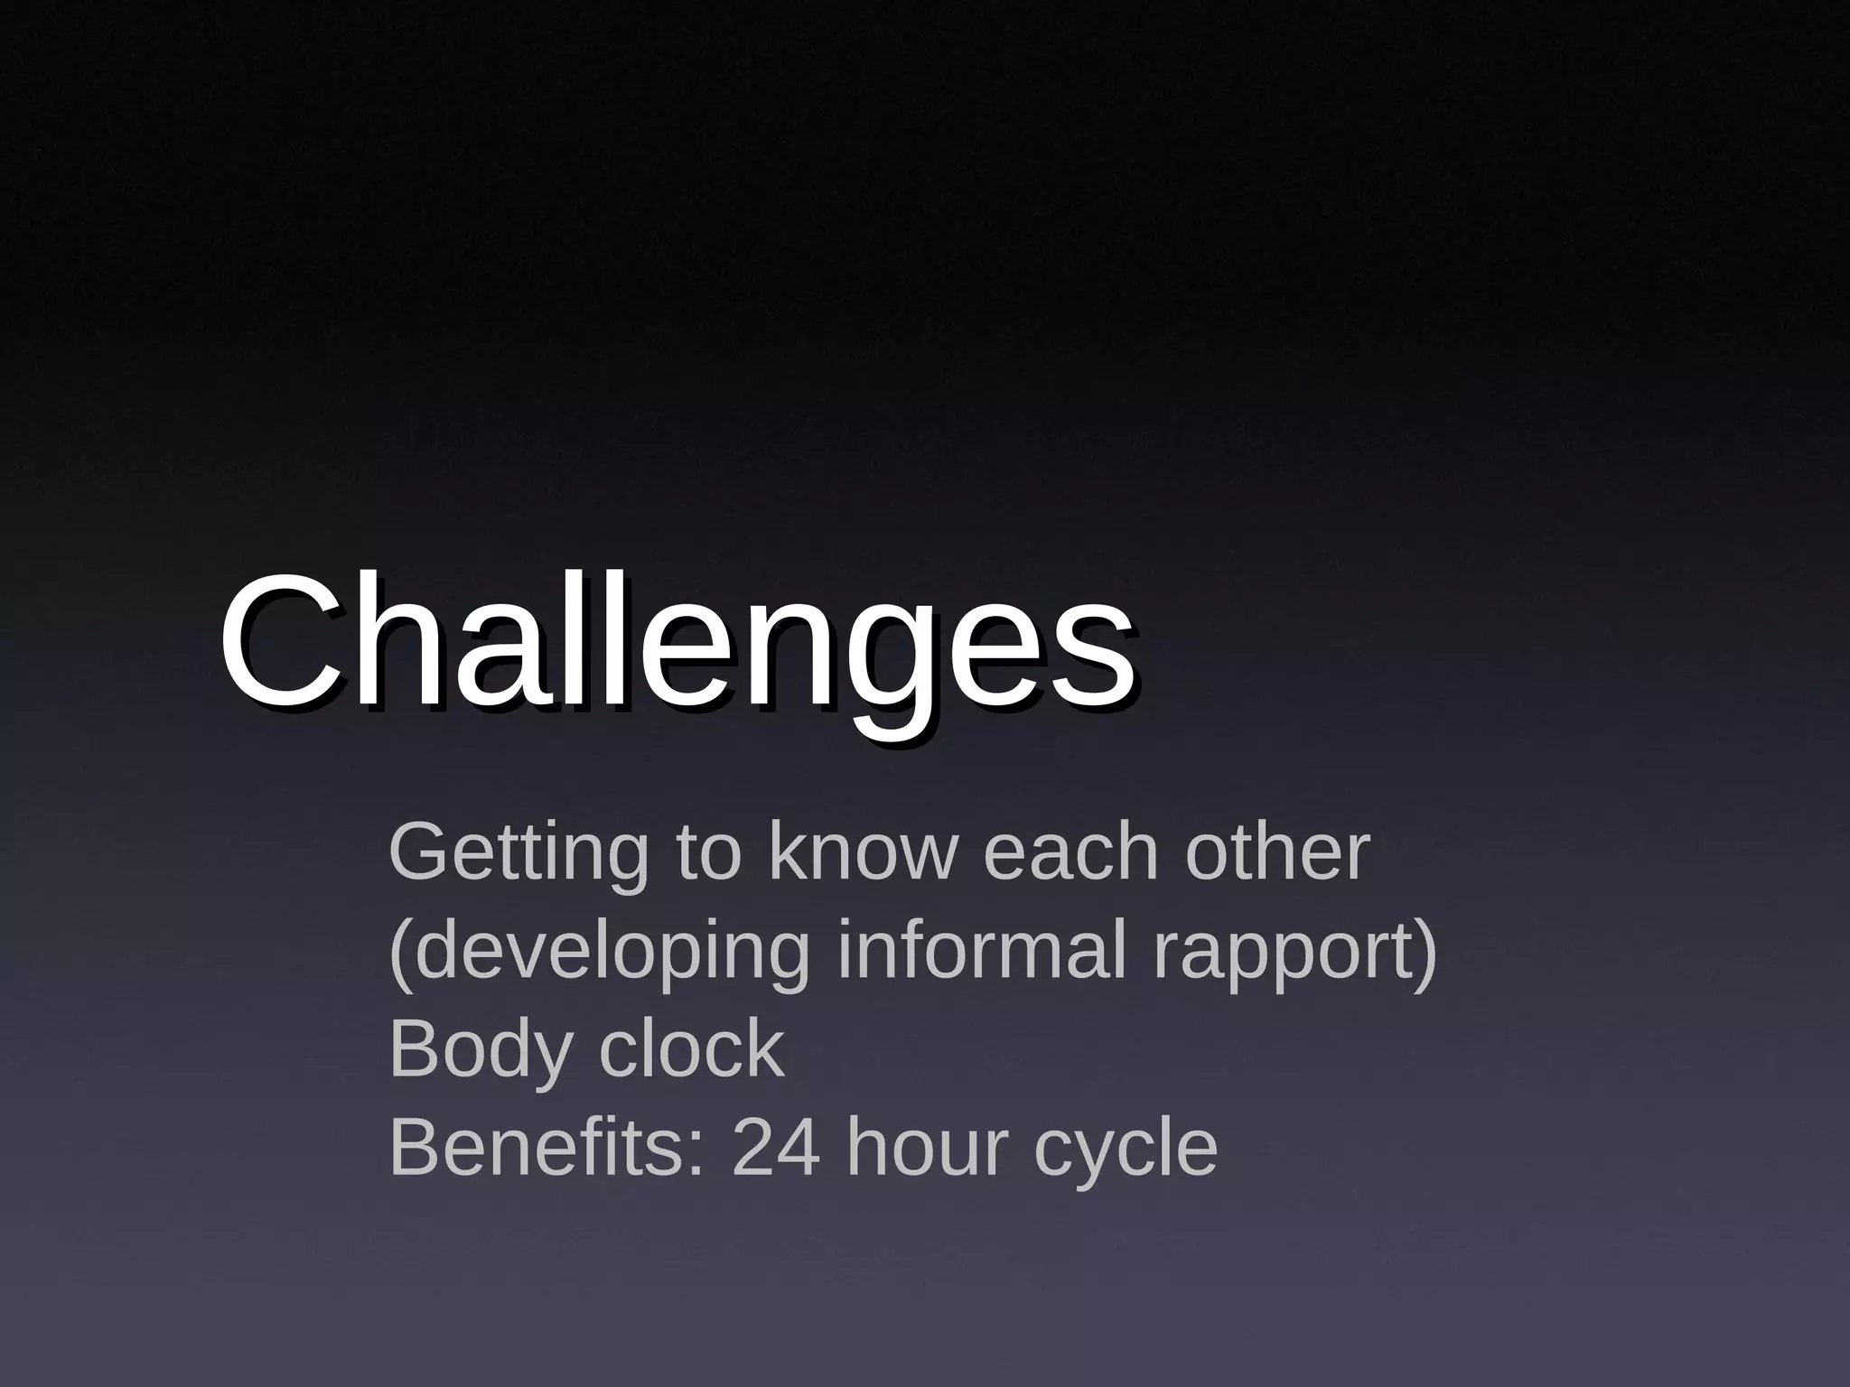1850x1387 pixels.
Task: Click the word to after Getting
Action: [x=708, y=853]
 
